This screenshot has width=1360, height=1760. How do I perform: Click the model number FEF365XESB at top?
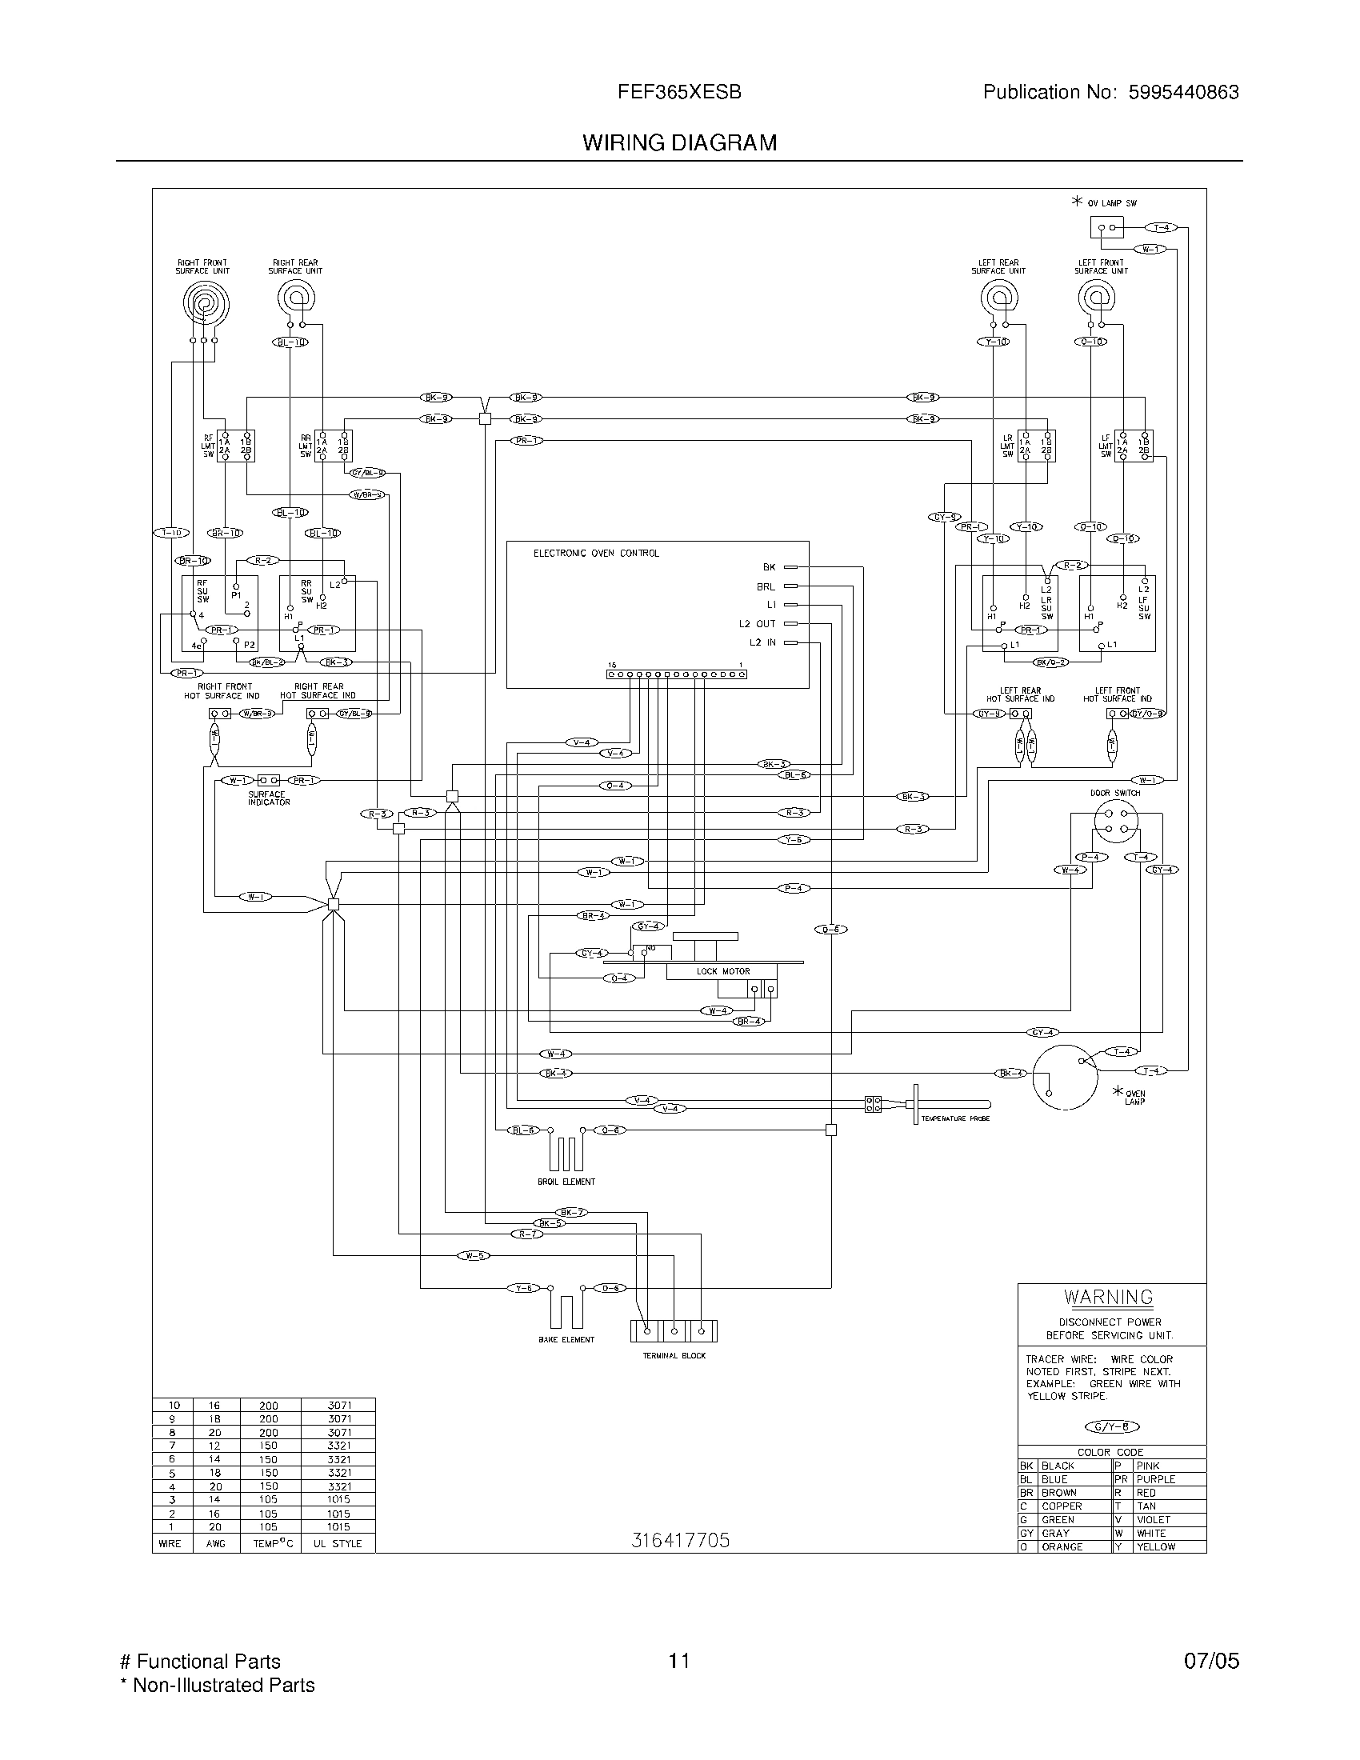[x=679, y=93]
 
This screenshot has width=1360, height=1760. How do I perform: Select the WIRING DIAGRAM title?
[x=679, y=142]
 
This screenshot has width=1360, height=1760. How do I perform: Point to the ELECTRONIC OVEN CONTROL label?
[x=595, y=554]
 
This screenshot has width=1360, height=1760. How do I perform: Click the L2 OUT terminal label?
[x=757, y=624]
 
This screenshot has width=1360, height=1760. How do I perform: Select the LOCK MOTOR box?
[x=722, y=971]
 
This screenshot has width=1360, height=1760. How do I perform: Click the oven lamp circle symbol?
[x=1065, y=1078]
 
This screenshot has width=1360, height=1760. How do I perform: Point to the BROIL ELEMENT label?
[x=566, y=1182]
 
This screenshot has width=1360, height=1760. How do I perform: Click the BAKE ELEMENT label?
[x=566, y=1340]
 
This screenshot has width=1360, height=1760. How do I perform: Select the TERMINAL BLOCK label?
[x=674, y=1356]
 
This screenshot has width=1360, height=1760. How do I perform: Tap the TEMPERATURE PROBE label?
[x=954, y=1118]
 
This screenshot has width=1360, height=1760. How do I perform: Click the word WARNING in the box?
[x=1109, y=1298]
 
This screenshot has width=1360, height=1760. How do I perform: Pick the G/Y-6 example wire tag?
[x=1113, y=1426]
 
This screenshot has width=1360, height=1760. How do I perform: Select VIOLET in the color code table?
[x=1153, y=1520]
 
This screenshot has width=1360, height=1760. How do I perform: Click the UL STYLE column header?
[x=338, y=1544]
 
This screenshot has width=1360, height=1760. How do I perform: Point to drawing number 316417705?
[x=680, y=1541]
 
